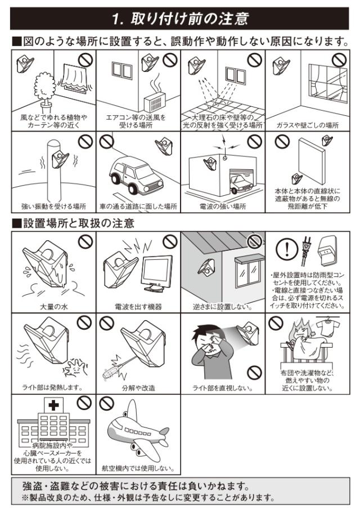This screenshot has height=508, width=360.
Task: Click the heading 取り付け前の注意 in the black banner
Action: click(x=190, y=19)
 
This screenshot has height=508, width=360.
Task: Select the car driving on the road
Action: click(x=137, y=174)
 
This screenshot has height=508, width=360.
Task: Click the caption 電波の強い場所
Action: click(x=223, y=206)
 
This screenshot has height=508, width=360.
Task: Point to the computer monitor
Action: click(x=156, y=274)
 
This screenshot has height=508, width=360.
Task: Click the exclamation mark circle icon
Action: click(x=287, y=249)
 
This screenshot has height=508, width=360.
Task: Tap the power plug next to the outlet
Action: click(x=306, y=250)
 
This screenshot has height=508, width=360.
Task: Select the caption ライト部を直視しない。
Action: click(x=223, y=388)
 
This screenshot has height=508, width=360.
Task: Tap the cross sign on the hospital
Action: click(x=54, y=405)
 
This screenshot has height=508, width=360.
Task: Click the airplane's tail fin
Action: click(x=132, y=410)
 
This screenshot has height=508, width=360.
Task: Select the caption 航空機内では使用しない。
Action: click(x=138, y=469)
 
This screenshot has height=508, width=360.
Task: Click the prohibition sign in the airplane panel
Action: click(x=107, y=403)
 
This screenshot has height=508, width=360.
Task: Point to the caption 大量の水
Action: click(x=54, y=307)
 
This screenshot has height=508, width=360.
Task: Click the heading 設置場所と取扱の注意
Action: click(x=78, y=223)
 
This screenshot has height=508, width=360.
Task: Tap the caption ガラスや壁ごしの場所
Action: click(x=308, y=125)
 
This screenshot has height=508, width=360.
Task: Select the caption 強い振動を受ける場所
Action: click(x=54, y=206)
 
